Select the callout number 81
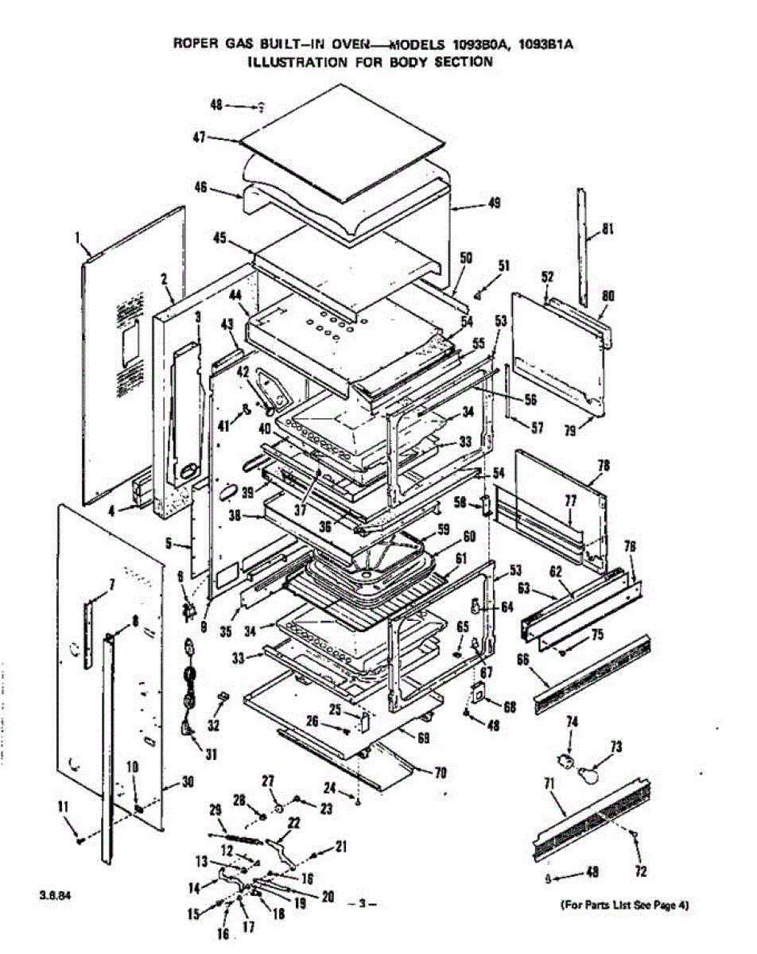click(x=608, y=231)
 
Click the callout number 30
click(x=188, y=782)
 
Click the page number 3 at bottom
click(x=361, y=904)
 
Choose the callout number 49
click(x=494, y=204)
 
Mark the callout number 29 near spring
click(x=214, y=809)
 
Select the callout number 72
click(x=641, y=872)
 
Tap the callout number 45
click(x=220, y=238)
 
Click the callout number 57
click(x=538, y=429)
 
